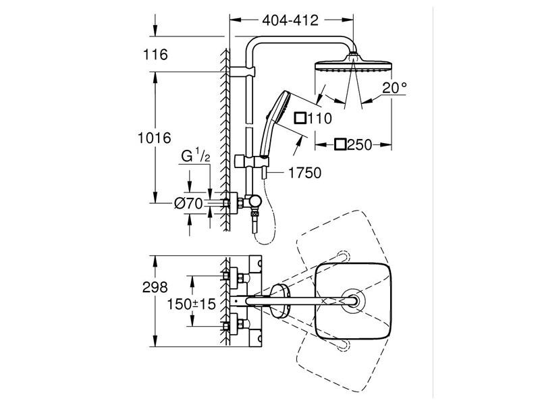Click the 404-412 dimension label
290,21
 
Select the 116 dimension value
155,55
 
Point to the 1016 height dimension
155,138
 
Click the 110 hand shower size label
319,119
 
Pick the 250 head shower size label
360,145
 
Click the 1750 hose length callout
304,173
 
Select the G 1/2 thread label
195,157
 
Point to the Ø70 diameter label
188,204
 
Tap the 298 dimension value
155,287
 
